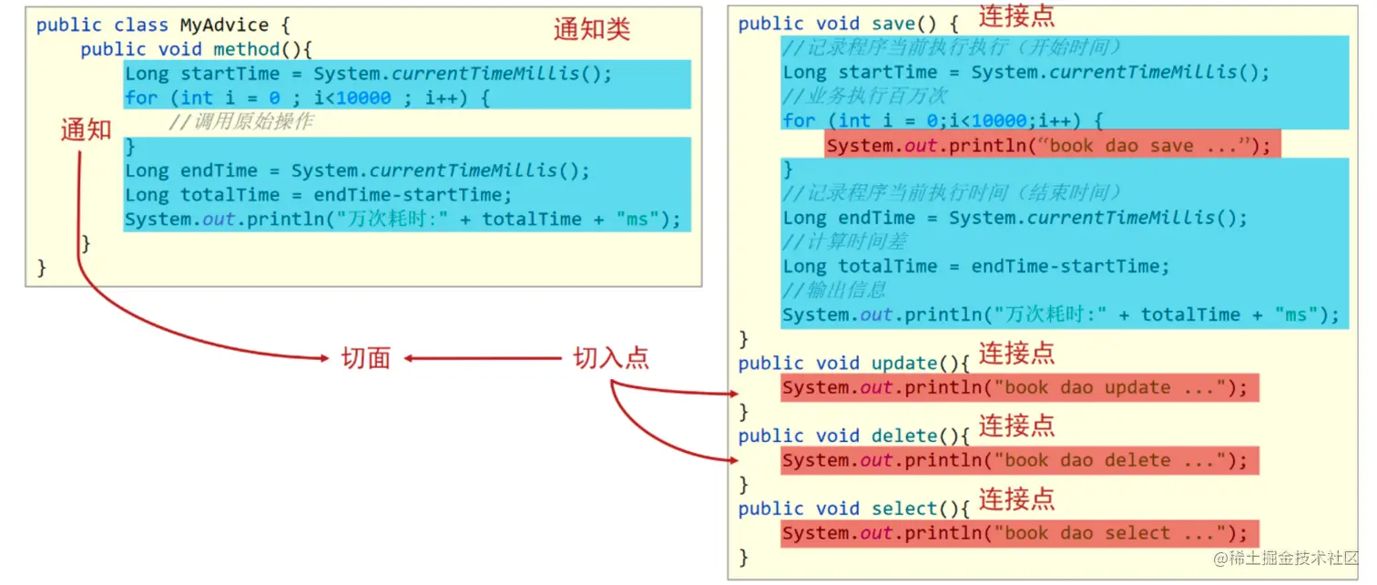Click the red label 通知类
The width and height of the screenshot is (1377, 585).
click(x=592, y=30)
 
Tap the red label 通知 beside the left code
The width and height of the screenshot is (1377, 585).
click(x=86, y=130)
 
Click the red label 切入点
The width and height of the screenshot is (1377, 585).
click(x=611, y=358)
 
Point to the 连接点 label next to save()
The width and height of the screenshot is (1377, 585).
click(x=1016, y=15)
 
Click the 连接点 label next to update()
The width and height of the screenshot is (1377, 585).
click(x=1016, y=354)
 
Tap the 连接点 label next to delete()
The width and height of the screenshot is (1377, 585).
click(x=1016, y=426)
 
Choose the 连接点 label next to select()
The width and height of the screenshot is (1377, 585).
click(x=1016, y=498)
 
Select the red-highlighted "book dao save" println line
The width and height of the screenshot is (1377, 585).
click(x=1052, y=146)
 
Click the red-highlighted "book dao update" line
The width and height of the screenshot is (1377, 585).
click(x=1019, y=387)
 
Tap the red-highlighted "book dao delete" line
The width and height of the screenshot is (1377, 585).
click(x=1019, y=460)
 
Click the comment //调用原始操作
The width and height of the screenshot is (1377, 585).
click(x=240, y=122)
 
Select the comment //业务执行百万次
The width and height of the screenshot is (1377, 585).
click(x=865, y=97)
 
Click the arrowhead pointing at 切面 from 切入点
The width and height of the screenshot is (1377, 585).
click(x=410, y=358)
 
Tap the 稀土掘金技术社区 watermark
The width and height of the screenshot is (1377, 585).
click(x=1286, y=558)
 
